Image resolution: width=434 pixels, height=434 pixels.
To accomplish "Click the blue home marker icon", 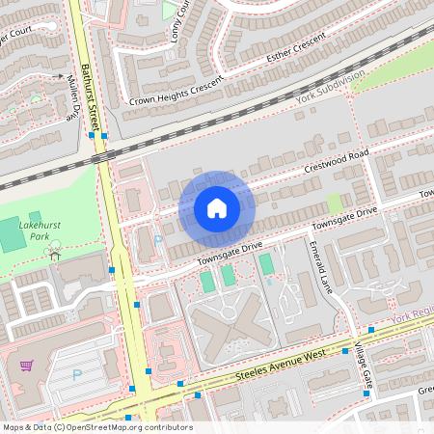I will (217, 207).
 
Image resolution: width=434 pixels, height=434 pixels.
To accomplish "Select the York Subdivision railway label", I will (331, 87).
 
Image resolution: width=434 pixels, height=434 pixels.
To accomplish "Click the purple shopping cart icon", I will (26, 366).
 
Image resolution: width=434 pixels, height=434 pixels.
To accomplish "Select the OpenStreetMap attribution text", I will (96, 427).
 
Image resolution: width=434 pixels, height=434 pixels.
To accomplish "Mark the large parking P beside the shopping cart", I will (78, 373).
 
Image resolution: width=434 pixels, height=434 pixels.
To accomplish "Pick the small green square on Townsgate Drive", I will (334, 203).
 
